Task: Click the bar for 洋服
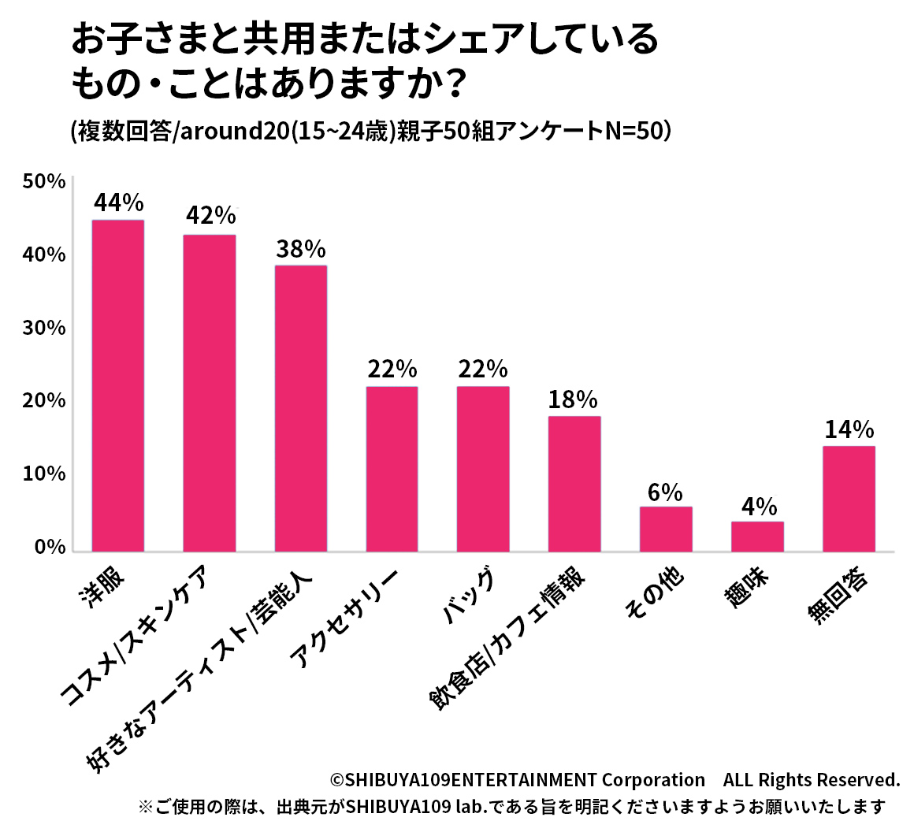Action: click(x=118, y=385)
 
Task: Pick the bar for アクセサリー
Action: click(x=392, y=469)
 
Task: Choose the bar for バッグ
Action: click(x=483, y=469)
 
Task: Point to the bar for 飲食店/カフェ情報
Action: click(x=574, y=484)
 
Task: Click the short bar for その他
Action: click(x=666, y=529)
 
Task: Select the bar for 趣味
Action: click(x=757, y=537)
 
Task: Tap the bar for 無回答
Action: click(x=849, y=499)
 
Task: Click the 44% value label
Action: click(x=118, y=203)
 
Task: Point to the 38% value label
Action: click(x=301, y=249)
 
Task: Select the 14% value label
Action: click(x=849, y=429)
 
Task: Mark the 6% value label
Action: click(x=666, y=492)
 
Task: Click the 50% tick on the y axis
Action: click(x=44, y=181)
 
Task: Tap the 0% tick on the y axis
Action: click(x=49, y=547)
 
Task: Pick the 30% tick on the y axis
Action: click(x=44, y=328)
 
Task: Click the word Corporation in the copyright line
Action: click(x=653, y=780)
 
